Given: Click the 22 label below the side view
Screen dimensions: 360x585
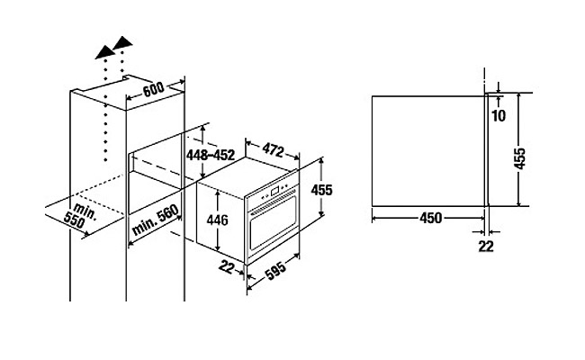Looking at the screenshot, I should pyautogui.click(x=486, y=245).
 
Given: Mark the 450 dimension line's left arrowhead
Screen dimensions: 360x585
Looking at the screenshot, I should pyautogui.click(x=375, y=214).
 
